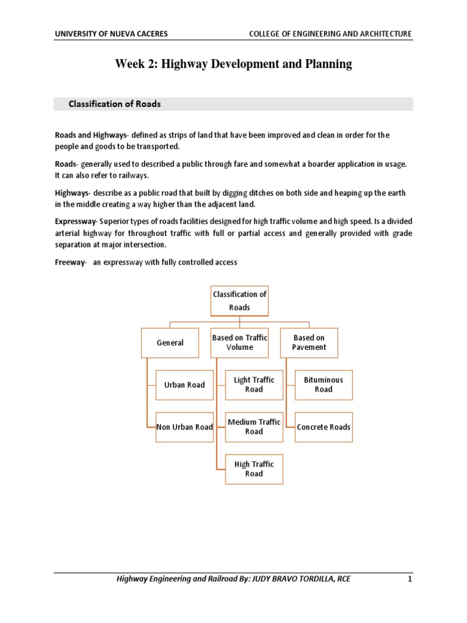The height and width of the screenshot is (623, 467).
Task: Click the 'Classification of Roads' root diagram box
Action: (239, 301)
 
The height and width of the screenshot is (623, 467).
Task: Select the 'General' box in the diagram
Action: (170, 343)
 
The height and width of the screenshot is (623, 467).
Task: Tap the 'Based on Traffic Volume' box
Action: (239, 343)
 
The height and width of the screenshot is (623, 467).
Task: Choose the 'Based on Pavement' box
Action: (309, 343)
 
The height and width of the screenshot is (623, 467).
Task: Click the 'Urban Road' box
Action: (184, 385)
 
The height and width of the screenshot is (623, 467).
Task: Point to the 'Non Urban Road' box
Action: (184, 427)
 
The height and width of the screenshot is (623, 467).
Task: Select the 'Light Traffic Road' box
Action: (254, 385)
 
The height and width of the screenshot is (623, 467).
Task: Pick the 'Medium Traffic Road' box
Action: (254, 426)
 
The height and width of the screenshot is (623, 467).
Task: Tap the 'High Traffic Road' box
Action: (254, 468)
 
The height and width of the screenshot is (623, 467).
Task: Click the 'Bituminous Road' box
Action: (323, 385)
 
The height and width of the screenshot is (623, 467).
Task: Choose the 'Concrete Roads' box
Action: (323, 427)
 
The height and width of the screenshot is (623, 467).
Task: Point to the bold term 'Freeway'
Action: (69, 262)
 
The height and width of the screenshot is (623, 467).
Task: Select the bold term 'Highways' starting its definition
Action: (71, 192)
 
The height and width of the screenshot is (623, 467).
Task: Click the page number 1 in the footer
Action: (410, 579)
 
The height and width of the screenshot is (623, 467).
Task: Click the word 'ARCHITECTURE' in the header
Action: (383, 33)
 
